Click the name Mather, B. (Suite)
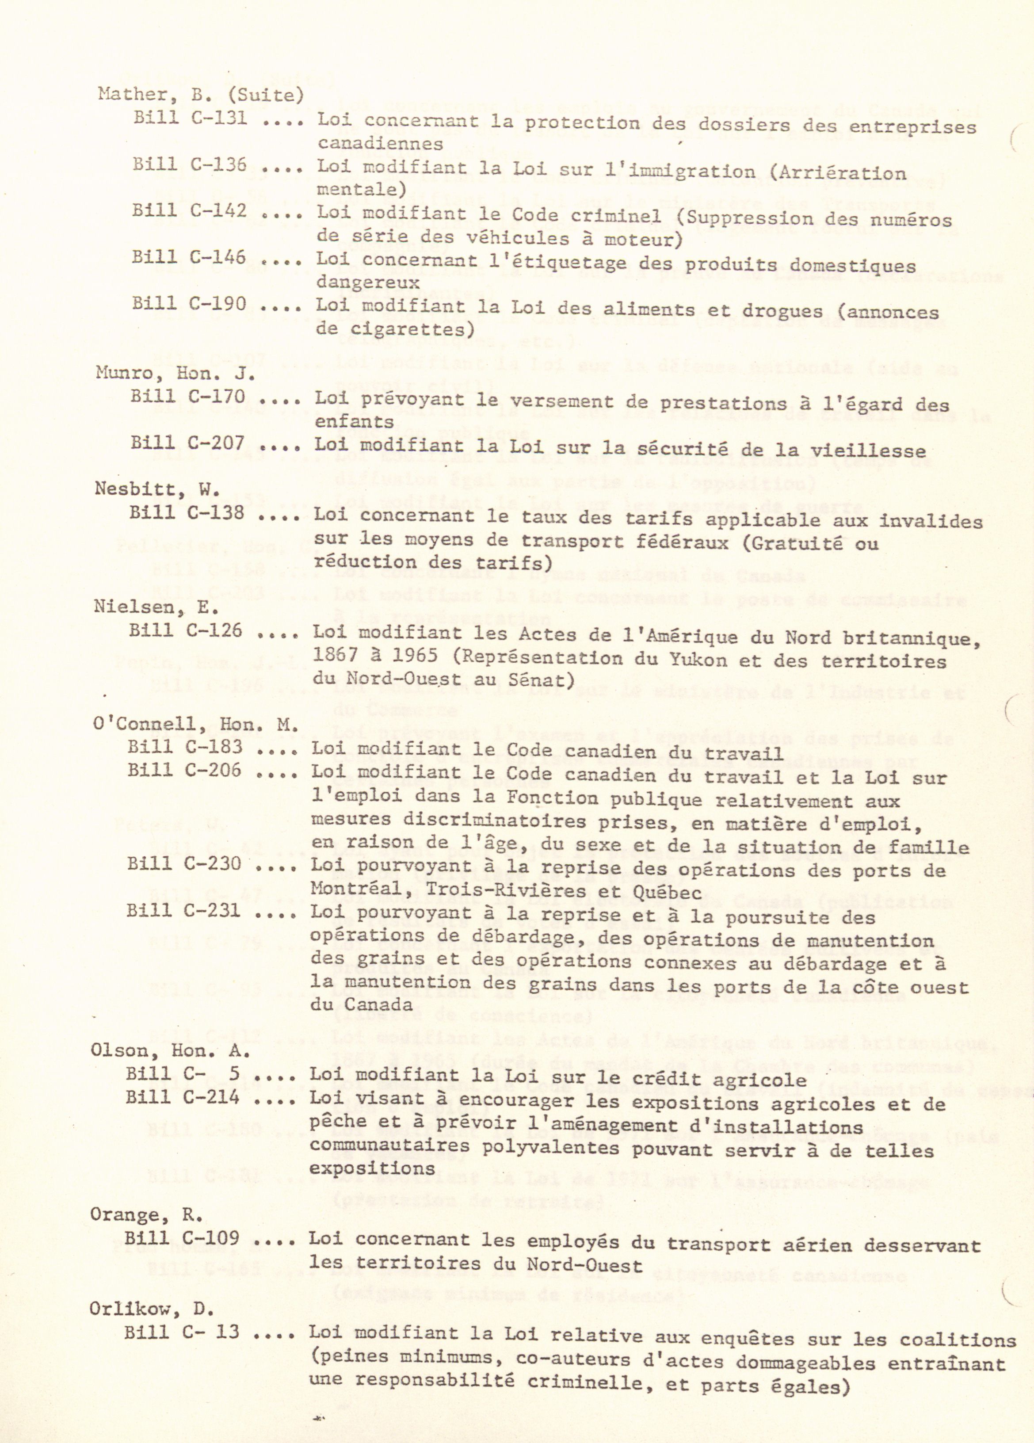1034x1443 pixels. coord(200,95)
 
